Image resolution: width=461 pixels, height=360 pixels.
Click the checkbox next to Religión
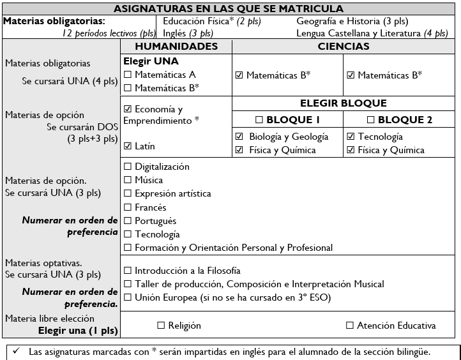161,326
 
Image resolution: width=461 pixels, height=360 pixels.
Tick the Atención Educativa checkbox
349,326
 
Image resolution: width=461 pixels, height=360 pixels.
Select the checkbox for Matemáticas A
128,75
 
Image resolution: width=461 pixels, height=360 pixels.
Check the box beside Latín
128,146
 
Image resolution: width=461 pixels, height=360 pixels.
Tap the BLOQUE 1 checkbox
260,119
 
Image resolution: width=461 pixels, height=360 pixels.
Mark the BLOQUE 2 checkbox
372,119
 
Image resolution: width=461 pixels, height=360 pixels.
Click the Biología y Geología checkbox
239,137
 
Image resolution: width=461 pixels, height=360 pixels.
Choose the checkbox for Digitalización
128,167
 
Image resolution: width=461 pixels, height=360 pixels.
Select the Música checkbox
128,180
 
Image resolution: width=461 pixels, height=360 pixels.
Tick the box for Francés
128,207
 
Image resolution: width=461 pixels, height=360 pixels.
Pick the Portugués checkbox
128,221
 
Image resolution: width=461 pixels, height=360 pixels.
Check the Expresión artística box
128,193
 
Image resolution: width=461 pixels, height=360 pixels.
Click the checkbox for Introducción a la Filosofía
128,271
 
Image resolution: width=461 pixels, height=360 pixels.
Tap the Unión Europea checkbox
128,297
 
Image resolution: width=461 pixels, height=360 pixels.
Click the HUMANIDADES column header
176,47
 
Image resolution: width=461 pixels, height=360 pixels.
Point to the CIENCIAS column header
344,47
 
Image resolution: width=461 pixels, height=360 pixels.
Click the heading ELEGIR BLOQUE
344,103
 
